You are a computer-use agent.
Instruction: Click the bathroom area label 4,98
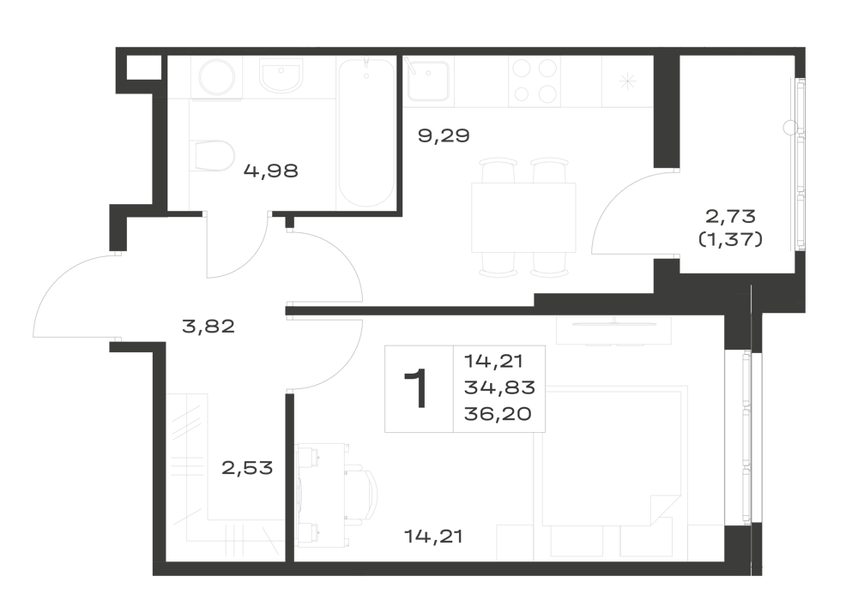pos(271,171)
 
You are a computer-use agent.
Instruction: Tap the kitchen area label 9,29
pos(444,135)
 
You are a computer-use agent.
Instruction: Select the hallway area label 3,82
pos(208,327)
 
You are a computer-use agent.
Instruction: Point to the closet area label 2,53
pos(247,468)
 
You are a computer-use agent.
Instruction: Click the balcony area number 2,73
pos(730,216)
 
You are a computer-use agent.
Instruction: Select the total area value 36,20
pos(498,414)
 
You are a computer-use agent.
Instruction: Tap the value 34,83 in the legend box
pos(499,387)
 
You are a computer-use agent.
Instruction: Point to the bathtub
pos(366,133)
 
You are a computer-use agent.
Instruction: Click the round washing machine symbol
pos(217,78)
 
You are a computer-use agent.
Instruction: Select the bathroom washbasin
pos(281,76)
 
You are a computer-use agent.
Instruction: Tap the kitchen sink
pos(429,81)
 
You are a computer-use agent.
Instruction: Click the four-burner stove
pos(535,81)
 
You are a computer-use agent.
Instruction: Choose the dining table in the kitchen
pos(523,218)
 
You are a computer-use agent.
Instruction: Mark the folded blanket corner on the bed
pos(664,510)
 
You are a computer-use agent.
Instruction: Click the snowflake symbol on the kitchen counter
pos(627,81)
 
